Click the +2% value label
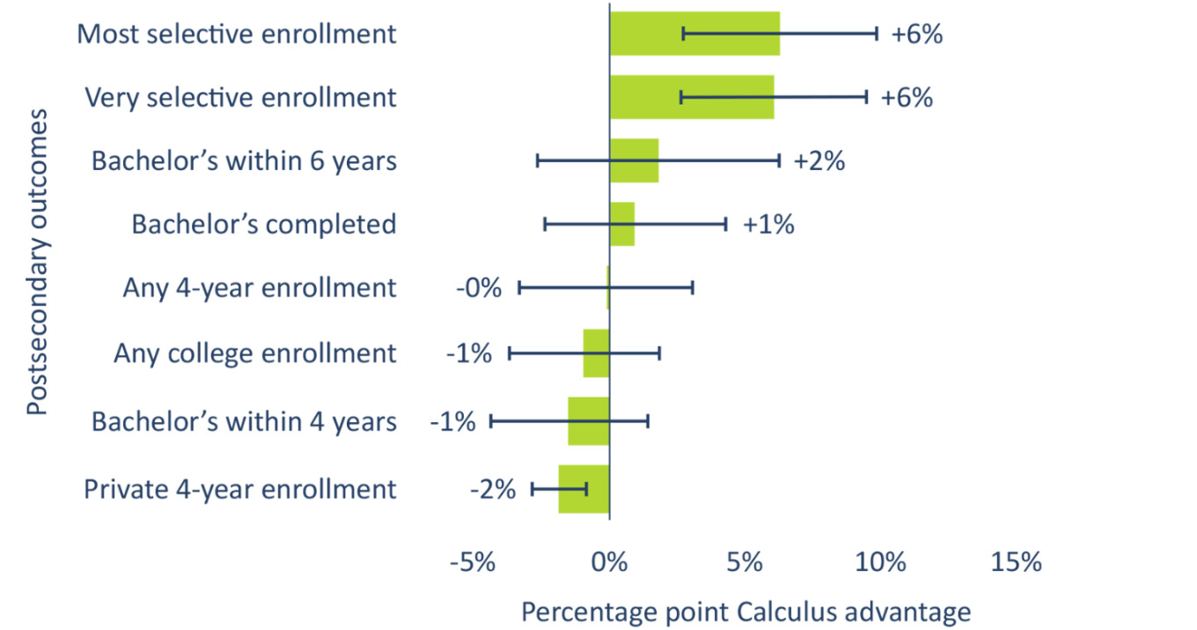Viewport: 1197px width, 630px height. pyautogui.click(x=819, y=161)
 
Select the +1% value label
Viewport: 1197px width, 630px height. pyautogui.click(x=768, y=225)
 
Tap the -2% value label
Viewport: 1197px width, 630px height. pyautogui.click(x=490, y=489)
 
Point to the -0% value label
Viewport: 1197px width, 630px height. pyautogui.click(x=478, y=288)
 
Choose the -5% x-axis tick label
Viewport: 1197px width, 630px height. pyautogui.click(x=473, y=561)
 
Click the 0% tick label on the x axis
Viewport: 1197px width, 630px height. pyautogui.click(x=609, y=561)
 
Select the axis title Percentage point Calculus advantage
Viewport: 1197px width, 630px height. pyautogui.click(x=746, y=611)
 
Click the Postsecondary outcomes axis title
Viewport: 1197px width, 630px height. pyautogui.click(x=36, y=262)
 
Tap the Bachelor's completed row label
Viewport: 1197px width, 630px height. pyautogui.click(x=264, y=225)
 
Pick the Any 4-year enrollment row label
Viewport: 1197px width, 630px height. pyautogui.click(x=260, y=288)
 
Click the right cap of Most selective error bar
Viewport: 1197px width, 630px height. pyautogui.click(x=877, y=33)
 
